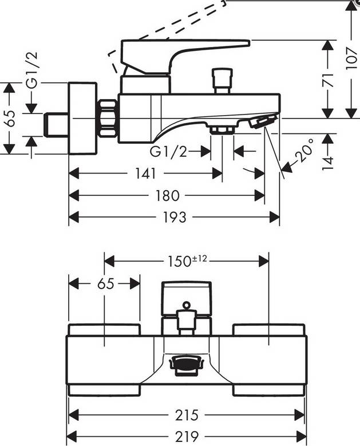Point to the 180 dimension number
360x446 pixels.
coord(167,196)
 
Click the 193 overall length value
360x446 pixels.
coord(174,218)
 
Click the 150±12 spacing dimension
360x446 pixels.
coord(187,261)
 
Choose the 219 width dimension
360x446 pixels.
coord(187,437)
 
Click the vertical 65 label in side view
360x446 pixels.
coord(9,118)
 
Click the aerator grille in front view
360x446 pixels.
coord(186,365)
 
